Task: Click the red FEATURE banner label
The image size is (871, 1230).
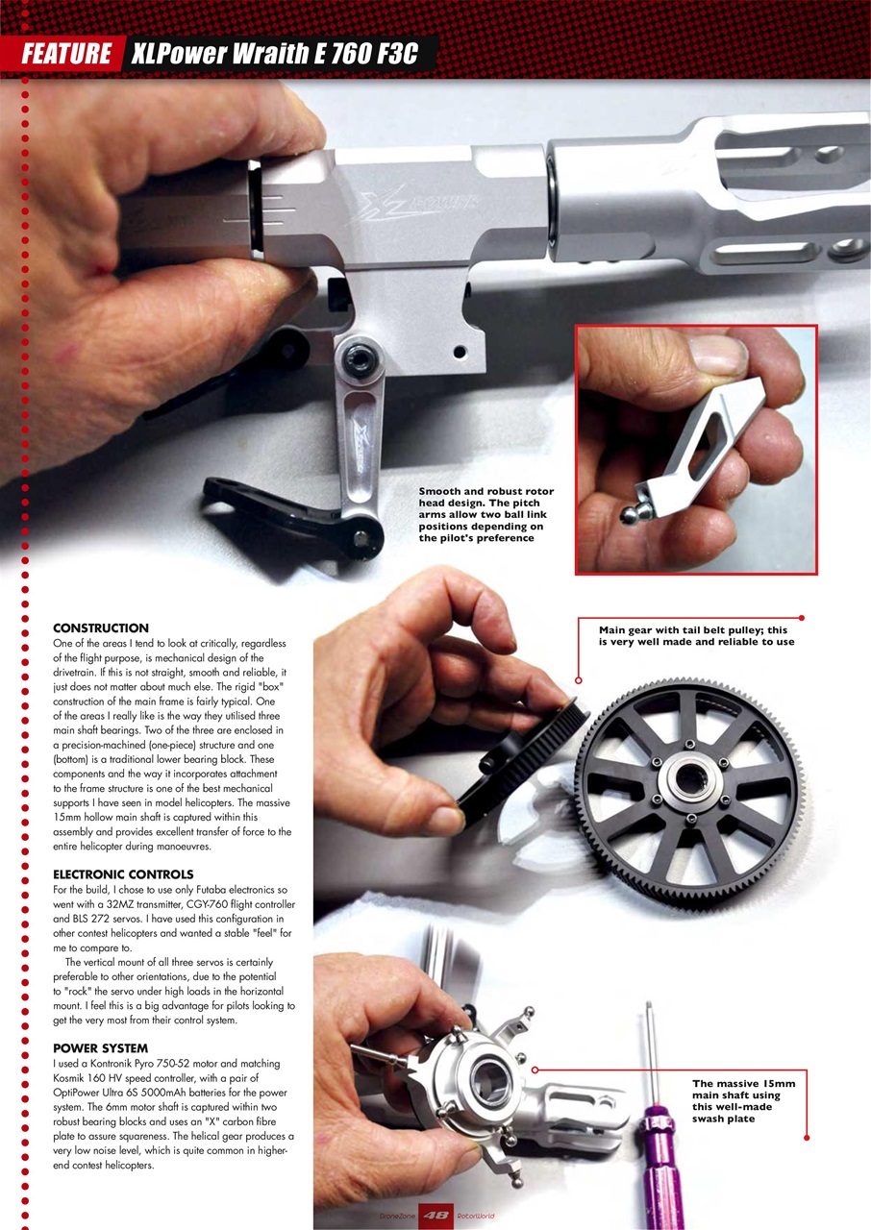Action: (65, 54)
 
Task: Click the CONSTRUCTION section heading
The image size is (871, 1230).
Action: (101, 627)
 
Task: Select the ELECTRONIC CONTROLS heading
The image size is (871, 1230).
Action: (123, 874)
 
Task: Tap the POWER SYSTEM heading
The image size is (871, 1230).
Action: (100, 1047)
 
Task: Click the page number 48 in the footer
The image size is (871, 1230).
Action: (435, 1216)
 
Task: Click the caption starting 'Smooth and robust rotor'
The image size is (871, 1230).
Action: (485, 515)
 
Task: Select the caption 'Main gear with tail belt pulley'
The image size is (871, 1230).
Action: (696, 636)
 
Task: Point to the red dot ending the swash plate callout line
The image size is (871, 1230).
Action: (807, 1138)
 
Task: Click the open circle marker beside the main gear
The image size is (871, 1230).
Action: (578, 680)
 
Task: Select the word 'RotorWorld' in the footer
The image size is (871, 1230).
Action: (476, 1217)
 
